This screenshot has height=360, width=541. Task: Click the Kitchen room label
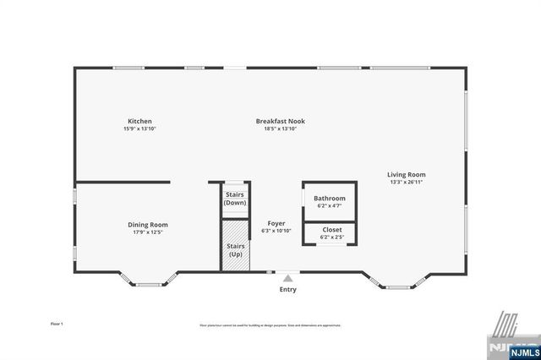click(x=139, y=121)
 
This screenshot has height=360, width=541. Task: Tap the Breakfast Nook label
click(x=280, y=121)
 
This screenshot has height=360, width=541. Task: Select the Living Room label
click(x=407, y=175)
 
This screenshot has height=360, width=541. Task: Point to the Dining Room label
click(x=148, y=224)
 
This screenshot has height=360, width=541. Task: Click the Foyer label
click(x=276, y=223)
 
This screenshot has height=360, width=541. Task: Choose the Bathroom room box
click(x=331, y=201)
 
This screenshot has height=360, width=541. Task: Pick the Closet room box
click(x=331, y=232)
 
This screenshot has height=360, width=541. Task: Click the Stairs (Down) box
click(x=235, y=199)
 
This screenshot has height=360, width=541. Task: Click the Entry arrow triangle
click(x=288, y=277)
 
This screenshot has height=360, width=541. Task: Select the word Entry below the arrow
click(x=288, y=290)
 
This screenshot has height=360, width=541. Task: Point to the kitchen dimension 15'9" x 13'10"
click(x=139, y=128)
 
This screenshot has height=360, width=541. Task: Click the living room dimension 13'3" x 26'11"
click(x=407, y=183)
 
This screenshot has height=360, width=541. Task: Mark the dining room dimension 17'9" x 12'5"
click(x=148, y=232)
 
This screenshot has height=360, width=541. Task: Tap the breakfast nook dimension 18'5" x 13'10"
click(x=280, y=128)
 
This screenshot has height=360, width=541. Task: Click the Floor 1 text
click(x=57, y=324)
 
